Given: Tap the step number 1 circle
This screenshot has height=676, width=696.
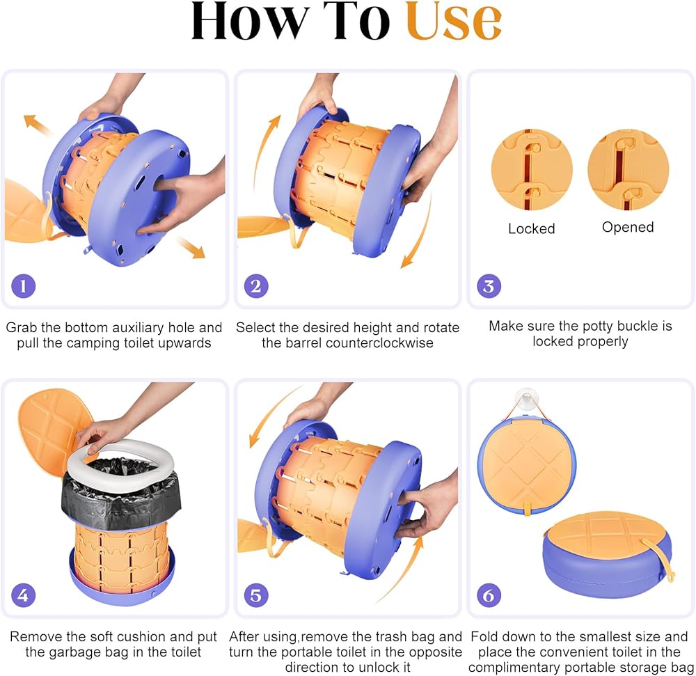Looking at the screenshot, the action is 24,286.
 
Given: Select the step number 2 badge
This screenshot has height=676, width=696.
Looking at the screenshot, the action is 256,286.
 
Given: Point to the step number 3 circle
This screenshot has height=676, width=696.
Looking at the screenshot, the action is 489,286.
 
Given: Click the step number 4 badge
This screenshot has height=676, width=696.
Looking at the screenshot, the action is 24,595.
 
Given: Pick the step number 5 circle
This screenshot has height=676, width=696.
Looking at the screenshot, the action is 256,595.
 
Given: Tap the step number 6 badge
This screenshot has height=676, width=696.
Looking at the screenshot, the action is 489,595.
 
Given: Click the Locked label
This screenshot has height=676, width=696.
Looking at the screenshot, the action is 531,228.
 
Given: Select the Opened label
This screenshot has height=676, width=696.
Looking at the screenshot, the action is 628,227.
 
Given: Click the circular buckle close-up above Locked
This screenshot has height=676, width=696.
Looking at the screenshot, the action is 532,170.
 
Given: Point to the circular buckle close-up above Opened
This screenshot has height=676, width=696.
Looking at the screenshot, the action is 628,170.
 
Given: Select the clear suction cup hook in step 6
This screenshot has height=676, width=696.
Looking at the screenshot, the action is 525,400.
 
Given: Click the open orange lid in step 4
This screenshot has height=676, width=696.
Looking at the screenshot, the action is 54,427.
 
